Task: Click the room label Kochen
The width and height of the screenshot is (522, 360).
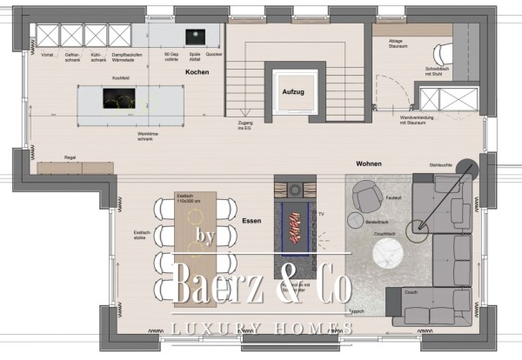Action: pyautogui.click(x=197, y=73)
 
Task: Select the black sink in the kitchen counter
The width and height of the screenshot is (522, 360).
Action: pyautogui.click(x=193, y=36)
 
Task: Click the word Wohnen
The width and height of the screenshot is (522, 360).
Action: pyautogui.click(x=370, y=163)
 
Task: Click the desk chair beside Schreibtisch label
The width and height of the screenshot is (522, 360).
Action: pyautogui.click(x=445, y=52)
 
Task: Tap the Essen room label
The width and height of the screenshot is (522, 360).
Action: pyautogui.click(x=251, y=221)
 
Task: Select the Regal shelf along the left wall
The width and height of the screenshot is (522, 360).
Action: pyautogui.click(x=73, y=167)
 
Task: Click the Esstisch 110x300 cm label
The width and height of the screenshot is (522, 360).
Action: pyautogui.click(x=188, y=198)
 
